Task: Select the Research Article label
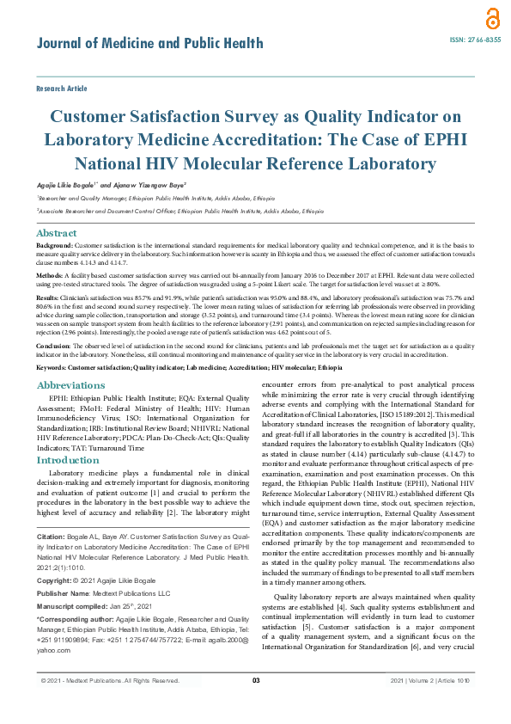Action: pyautogui.click(x=62, y=89)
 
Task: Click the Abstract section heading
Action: pyautogui.click(x=57, y=233)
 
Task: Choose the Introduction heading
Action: pyautogui.click(x=68, y=460)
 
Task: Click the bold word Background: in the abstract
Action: pyautogui.click(x=55, y=246)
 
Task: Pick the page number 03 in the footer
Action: pyautogui.click(x=255, y=705)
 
